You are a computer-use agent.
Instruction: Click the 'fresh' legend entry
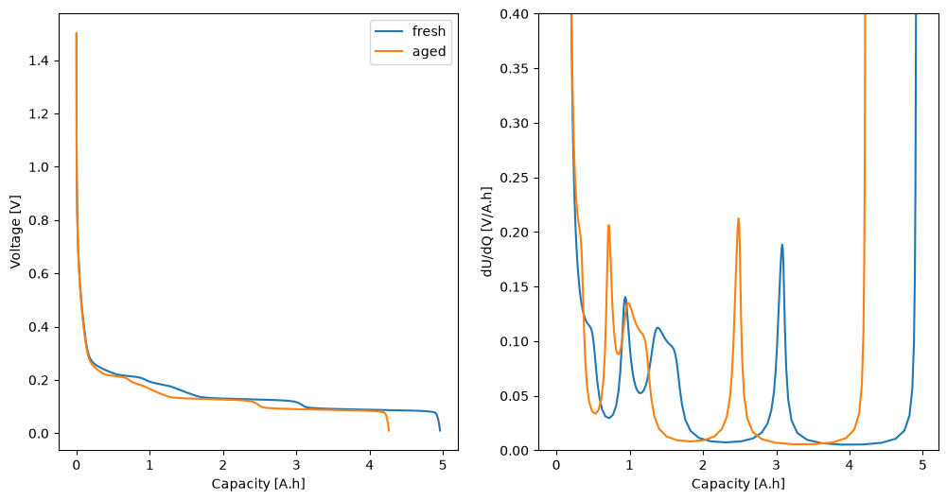coord(410,31)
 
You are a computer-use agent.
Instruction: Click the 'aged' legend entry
coord(410,51)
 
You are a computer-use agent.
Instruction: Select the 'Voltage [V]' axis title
coord(15,232)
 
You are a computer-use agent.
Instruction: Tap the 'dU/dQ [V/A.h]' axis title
coord(487,232)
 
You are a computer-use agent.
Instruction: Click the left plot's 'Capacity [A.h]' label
coord(258,483)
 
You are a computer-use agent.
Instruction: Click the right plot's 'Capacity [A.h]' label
coord(738,483)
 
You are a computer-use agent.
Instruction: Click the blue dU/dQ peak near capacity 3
coord(782,245)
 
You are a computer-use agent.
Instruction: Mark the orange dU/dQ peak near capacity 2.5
coord(738,218)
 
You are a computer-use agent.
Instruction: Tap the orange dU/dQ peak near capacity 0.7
coord(608,225)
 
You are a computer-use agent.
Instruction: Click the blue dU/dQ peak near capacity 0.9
coord(625,297)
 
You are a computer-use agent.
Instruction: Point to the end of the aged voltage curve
coord(388,430)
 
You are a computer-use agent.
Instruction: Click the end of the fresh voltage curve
coord(440,430)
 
